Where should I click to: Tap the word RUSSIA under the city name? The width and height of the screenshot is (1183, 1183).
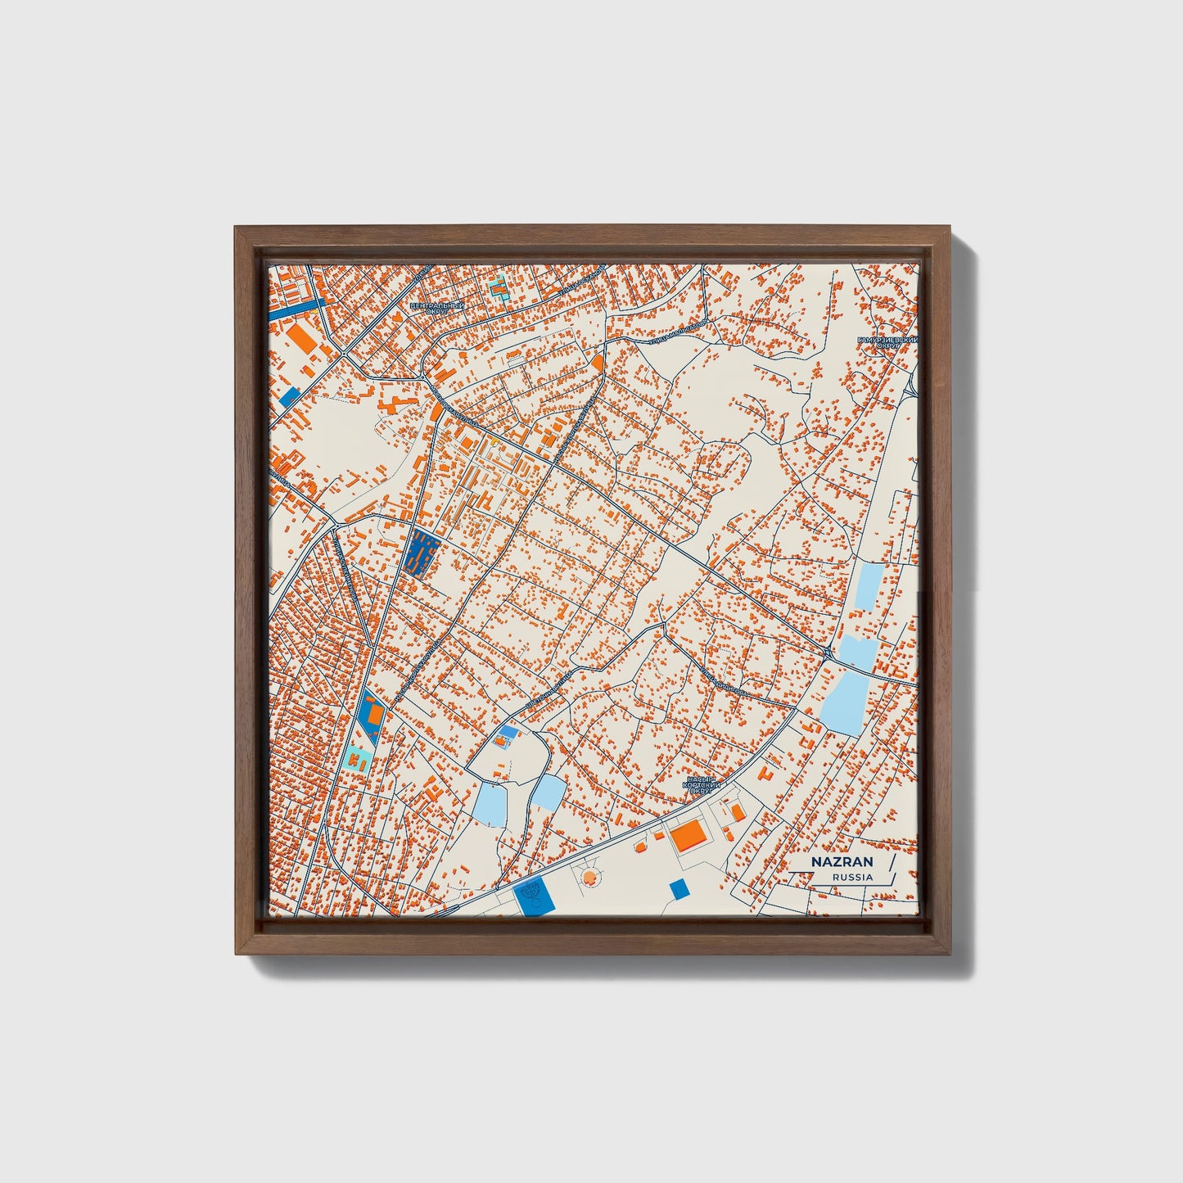click(852, 877)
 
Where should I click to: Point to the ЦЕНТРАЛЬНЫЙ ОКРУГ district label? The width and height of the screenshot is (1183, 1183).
click(436, 308)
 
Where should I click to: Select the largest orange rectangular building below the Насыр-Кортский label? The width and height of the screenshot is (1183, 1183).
click(689, 836)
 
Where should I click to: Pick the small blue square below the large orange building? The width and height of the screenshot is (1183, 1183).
click(679, 888)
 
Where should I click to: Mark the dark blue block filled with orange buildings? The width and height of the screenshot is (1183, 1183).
click(422, 553)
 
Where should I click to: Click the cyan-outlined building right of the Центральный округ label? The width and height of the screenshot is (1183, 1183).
click(498, 288)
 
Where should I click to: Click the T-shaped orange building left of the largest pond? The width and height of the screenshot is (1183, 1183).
click(768, 772)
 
